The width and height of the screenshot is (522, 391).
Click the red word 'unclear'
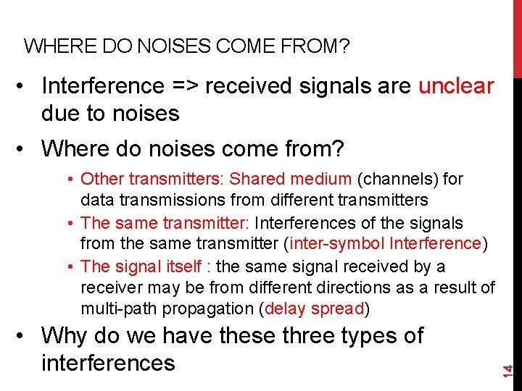[x=457, y=86]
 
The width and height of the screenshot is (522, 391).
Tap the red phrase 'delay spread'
[x=315, y=309]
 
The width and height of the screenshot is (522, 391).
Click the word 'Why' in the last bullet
[x=65, y=336]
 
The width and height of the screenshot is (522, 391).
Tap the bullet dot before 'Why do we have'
[x=25, y=336]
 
